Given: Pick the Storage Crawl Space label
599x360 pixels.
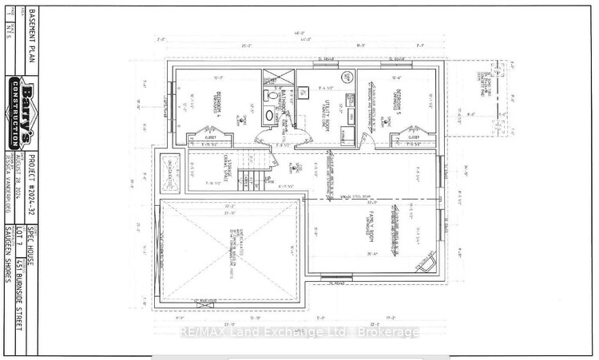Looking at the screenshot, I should click(226, 170).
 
